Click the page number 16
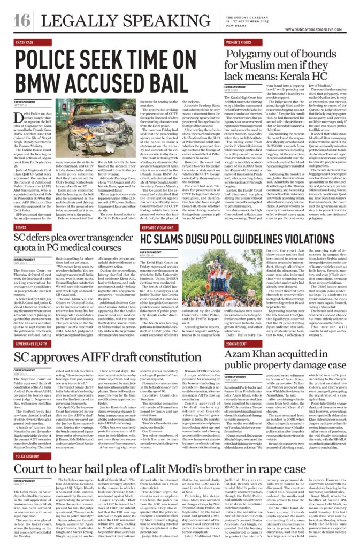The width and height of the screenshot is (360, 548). pyautogui.click(x=22, y=19)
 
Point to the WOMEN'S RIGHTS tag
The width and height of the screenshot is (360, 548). pyautogui.click(x=239, y=41)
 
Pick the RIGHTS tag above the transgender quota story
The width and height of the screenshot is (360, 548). pyautogui.click(x=20, y=227)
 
